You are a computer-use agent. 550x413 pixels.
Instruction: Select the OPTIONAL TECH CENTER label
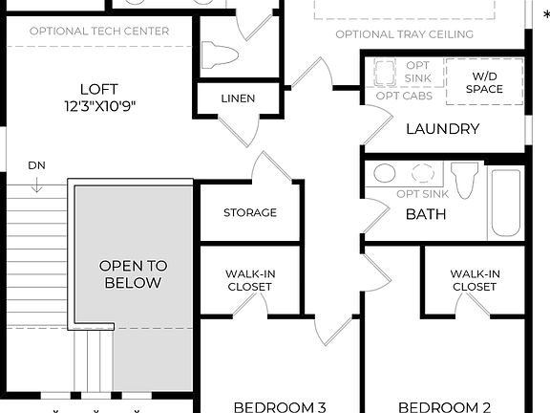[x=99, y=31]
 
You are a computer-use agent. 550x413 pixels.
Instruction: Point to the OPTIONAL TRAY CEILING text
[x=404, y=34]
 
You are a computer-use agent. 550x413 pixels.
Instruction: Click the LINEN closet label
[x=238, y=98]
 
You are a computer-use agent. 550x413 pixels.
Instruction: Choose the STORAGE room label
[x=250, y=212]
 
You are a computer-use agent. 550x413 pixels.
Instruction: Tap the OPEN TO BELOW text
[x=133, y=274]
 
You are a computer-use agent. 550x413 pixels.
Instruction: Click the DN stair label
[x=36, y=165]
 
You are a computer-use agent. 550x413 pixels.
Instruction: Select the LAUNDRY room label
[x=442, y=129]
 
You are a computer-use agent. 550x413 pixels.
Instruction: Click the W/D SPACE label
[x=485, y=82]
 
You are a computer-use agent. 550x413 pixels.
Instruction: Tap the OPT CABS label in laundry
[x=404, y=96]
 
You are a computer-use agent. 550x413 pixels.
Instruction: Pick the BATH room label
[x=426, y=214]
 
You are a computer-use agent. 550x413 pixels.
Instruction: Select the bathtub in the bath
[x=505, y=205]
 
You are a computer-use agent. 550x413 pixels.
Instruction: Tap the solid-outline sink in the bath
[x=385, y=173]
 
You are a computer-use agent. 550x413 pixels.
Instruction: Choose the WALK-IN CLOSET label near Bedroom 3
[x=250, y=280]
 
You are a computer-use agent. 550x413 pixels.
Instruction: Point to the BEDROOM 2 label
[x=444, y=406]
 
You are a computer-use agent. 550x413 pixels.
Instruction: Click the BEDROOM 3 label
[x=280, y=406]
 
